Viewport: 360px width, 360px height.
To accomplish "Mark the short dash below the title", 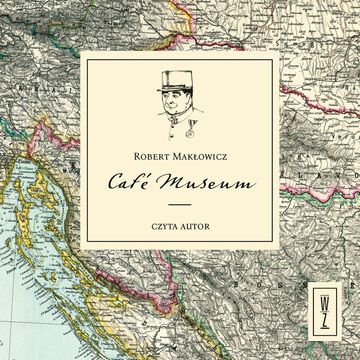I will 178,205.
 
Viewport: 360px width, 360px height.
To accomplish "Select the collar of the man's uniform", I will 173,119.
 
